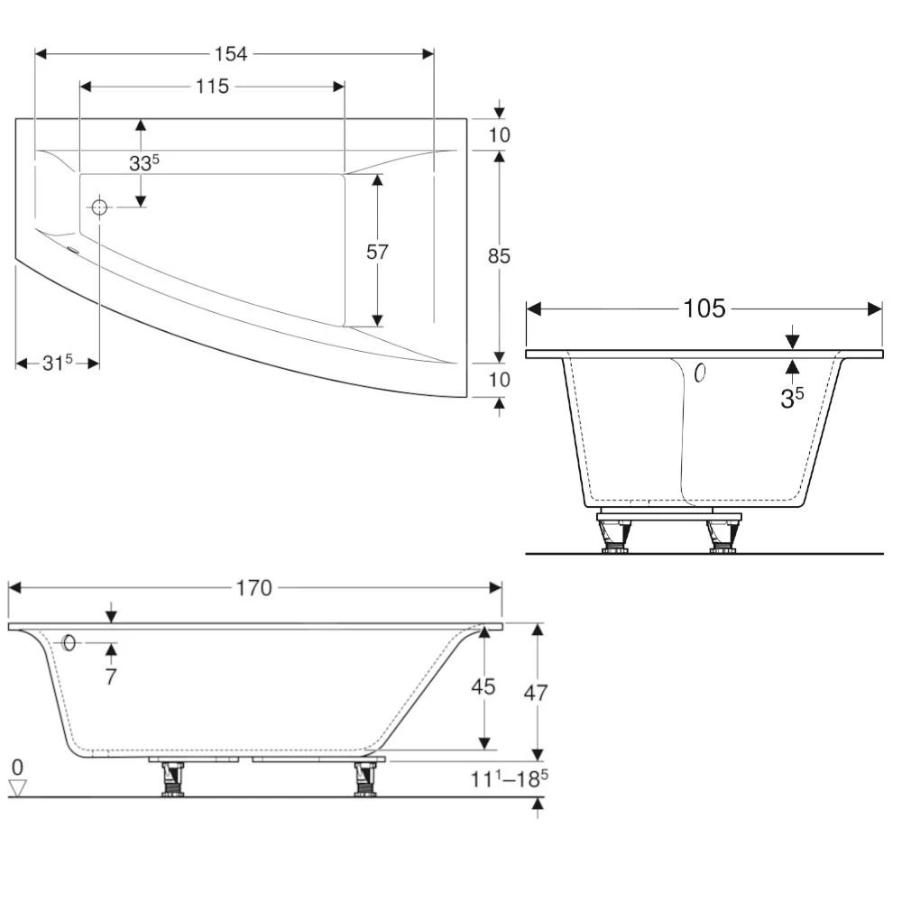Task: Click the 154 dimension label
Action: (231, 53)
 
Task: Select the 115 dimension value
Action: (211, 87)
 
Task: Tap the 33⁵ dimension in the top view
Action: (144, 163)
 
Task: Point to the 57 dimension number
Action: (377, 252)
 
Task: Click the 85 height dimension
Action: (499, 256)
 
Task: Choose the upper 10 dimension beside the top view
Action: (499, 135)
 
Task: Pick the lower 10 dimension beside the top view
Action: (499, 380)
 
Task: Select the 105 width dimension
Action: (704, 309)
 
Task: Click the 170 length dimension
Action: (253, 588)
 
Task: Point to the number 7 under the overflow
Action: (110, 676)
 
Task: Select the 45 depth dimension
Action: (484, 687)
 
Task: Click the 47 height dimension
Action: (536, 693)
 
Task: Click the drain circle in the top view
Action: (99, 207)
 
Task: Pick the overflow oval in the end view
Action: (700, 372)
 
